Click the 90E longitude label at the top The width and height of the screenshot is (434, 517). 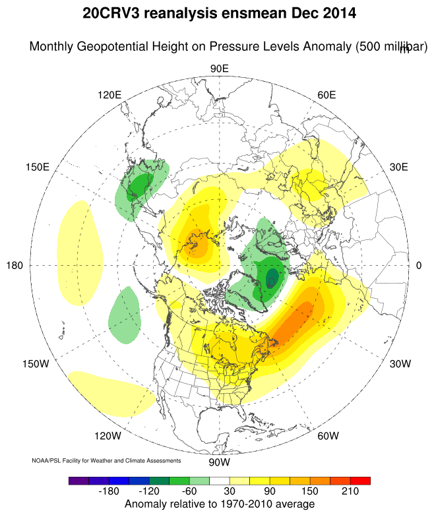219,69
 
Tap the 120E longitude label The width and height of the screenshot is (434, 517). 109,95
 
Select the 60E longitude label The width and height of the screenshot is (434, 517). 326,95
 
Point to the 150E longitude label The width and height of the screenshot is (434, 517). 38,167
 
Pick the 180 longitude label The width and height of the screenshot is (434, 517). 15,265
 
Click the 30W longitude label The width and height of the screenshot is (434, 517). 400,364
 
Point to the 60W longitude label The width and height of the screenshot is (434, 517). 328,436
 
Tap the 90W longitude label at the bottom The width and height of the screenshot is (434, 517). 219,461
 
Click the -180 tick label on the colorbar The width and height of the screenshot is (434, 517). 111,492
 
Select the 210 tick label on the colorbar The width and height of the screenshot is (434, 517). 350,492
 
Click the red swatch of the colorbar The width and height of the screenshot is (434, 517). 360,481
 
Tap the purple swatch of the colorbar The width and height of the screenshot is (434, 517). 78,481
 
